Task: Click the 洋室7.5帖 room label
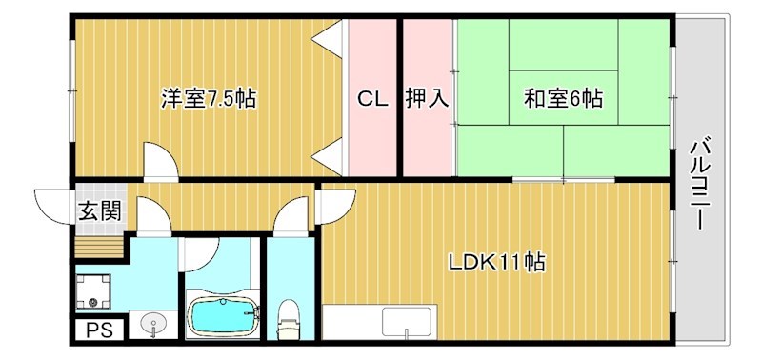[x=208, y=97]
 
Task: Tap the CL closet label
[x=372, y=98]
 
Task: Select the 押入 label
[x=427, y=98]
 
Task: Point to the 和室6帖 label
[x=562, y=97]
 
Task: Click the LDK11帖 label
[x=497, y=262]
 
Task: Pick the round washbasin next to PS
[x=152, y=324]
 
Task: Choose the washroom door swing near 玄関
[x=152, y=215]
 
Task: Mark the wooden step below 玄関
[x=99, y=246]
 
